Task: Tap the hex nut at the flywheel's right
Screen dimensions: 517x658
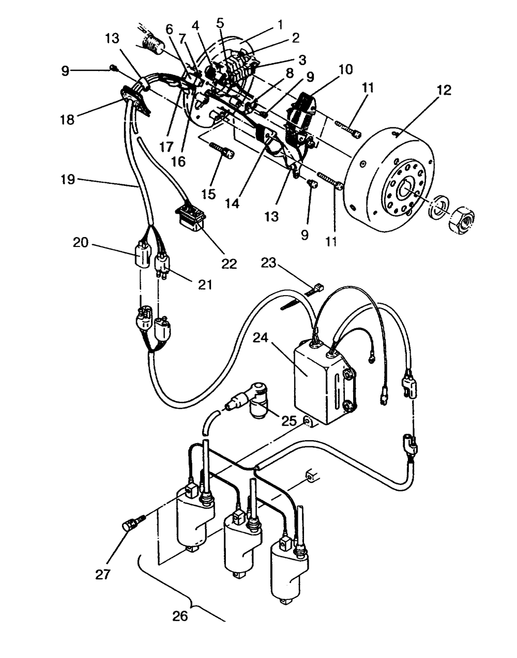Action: tap(462, 218)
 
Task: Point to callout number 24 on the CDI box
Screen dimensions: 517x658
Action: tap(260, 338)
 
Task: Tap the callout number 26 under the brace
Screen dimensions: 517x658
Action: tap(179, 616)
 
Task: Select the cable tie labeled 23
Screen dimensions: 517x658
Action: tap(301, 298)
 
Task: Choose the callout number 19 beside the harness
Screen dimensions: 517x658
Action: tap(68, 179)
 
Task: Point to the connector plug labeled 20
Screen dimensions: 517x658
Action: tap(142, 254)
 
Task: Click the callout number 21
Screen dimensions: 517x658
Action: tap(205, 285)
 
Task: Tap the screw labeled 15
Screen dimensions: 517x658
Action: tap(222, 151)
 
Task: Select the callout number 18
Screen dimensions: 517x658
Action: tap(68, 120)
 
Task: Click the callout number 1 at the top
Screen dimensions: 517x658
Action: tap(280, 24)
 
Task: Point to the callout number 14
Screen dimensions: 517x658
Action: tap(233, 203)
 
